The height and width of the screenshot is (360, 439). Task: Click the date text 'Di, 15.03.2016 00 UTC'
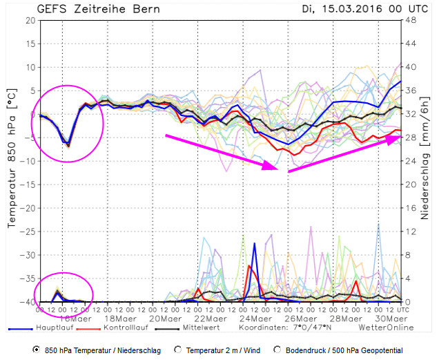pyautogui.click(x=356, y=10)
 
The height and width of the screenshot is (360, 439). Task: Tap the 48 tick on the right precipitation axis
pyautogui.click(x=410, y=20)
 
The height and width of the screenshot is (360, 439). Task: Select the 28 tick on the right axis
pyautogui.click(x=410, y=138)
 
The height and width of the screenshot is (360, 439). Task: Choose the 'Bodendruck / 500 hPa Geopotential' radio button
pyautogui.click(x=278, y=350)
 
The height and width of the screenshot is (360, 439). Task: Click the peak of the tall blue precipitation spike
pyautogui.click(x=255, y=243)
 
